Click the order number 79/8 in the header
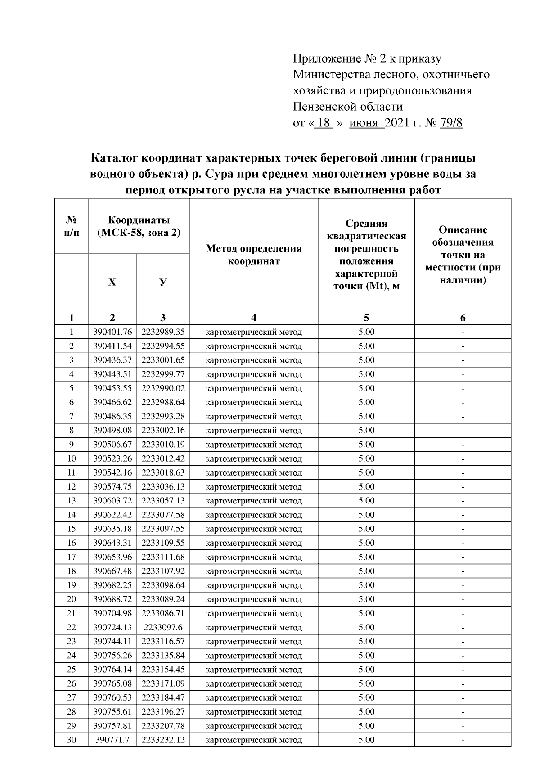point(451,123)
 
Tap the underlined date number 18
point(324,123)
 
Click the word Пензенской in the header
point(320,107)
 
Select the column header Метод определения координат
point(253,255)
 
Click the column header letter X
point(112,282)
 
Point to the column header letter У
point(163,282)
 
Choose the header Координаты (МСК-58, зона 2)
point(139,226)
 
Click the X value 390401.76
point(112,332)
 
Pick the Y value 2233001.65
point(163,360)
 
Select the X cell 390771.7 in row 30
point(112,740)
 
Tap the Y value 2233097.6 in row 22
point(163,627)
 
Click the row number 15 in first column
point(71,529)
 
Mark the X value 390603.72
point(112,501)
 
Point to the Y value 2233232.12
point(163,740)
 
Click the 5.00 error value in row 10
point(366,458)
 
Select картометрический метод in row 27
point(253,698)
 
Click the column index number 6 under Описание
point(463,318)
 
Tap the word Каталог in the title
point(115,158)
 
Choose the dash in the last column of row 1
point(463,333)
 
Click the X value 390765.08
point(112,683)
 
